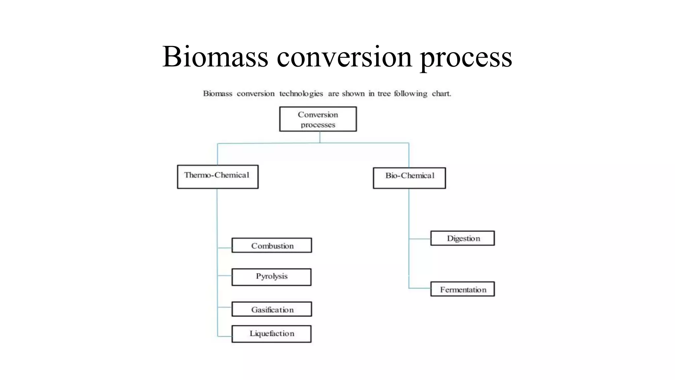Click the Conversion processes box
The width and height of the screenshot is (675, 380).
pyautogui.click(x=318, y=119)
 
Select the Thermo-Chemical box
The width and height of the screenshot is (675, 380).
pyautogui.click(x=218, y=177)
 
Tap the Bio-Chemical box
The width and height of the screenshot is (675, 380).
pyautogui.click(x=409, y=178)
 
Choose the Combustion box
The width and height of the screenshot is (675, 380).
pyautogui.click(x=272, y=245)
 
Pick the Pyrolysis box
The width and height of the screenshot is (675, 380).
pyautogui.click(x=271, y=277)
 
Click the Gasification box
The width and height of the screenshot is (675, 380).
pyautogui.click(x=272, y=309)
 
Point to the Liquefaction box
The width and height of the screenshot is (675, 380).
pyautogui.click(x=271, y=334)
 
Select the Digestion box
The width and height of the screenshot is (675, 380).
pyautogui.click(x=462, y=238)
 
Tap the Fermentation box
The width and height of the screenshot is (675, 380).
pyautogui.click(x=462, y=289)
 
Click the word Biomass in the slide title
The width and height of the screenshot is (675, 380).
pyautogui.click(x=215, y=56)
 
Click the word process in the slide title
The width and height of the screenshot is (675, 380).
pyautogui.click(x=466, y=56)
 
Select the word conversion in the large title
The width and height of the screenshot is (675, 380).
pyautogui.click(x=344, y=56)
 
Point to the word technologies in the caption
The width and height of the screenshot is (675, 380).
pyautogui.click(x=301, y=94)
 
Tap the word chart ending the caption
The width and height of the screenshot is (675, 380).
pyautogui.click(x=441, y=94)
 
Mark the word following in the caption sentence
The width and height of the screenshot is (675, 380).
pyautogui.click(x=410, y=94)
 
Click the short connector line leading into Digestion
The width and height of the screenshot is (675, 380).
pyautogui.click(x=420, y=238)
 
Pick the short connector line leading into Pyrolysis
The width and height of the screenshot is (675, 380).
pyautogui.click(x=225, y=275)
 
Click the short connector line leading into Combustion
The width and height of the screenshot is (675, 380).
pyautogui.click(x=225, y=248)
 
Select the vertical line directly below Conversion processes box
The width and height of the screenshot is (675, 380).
pyautogui.click(x=320, y=137)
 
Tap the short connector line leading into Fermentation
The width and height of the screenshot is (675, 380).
pyautogui.click(x=420, y=288)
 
